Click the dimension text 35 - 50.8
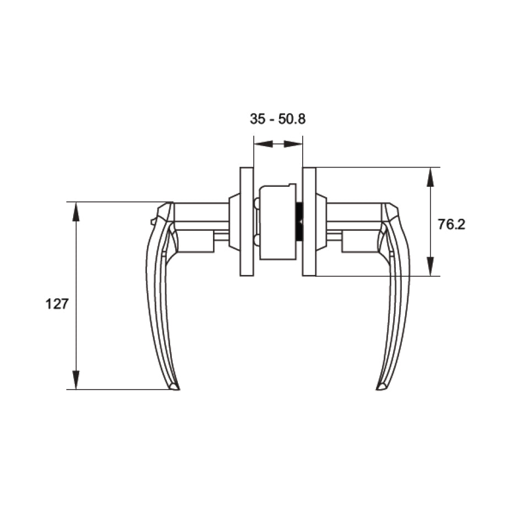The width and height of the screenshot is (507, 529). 277,120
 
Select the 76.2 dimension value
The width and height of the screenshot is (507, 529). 451,224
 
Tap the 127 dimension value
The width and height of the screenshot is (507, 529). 56,304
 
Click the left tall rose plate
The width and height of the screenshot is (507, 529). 247,221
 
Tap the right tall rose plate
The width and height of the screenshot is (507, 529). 309,221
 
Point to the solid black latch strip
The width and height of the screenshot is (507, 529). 299,222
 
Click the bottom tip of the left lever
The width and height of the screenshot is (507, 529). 175,387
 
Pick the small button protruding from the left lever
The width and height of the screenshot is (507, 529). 152,222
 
